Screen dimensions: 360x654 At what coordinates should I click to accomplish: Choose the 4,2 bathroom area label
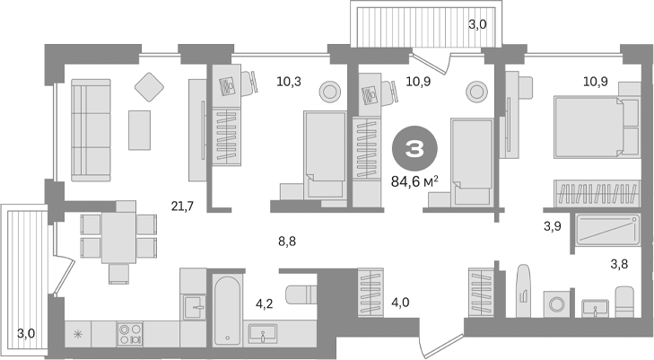coord(264,304)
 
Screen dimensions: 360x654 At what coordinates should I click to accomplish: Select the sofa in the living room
coord(90,127)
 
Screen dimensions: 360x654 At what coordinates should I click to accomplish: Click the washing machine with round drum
coord(554,303)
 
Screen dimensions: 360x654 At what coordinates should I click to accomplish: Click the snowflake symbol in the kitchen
coord(77,335)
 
